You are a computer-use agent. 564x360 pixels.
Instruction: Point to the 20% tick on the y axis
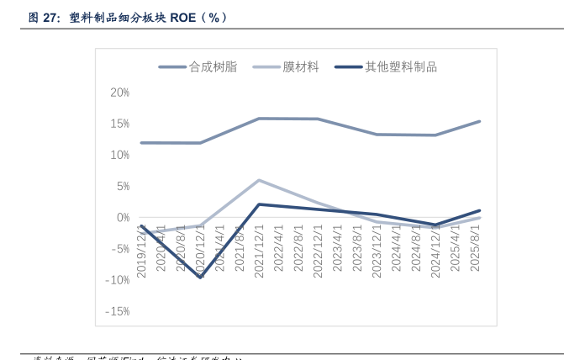point(119,93)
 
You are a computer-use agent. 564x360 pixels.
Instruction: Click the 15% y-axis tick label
point(119,124)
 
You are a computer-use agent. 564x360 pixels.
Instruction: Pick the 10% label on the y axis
point(119,155)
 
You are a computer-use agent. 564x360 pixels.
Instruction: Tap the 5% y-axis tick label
point(121,186)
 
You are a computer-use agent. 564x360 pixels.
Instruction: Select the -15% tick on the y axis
point(117,311)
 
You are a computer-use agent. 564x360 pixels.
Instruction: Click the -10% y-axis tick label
point(117,280)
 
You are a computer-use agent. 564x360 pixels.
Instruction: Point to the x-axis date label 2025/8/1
point(475,250)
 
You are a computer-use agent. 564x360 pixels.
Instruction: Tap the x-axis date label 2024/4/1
point(396,250)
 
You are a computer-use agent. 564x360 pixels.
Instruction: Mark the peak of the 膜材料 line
point(259,180)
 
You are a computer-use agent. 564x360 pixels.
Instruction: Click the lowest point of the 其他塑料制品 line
point(200,277)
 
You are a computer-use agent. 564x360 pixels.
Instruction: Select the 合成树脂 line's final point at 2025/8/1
point(479,121)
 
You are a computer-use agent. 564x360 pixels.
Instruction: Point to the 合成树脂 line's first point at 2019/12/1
point(141,143)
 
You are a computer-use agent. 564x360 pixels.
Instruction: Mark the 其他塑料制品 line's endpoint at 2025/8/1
point(479,210)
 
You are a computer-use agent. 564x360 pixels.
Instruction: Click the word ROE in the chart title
point(183,17)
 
